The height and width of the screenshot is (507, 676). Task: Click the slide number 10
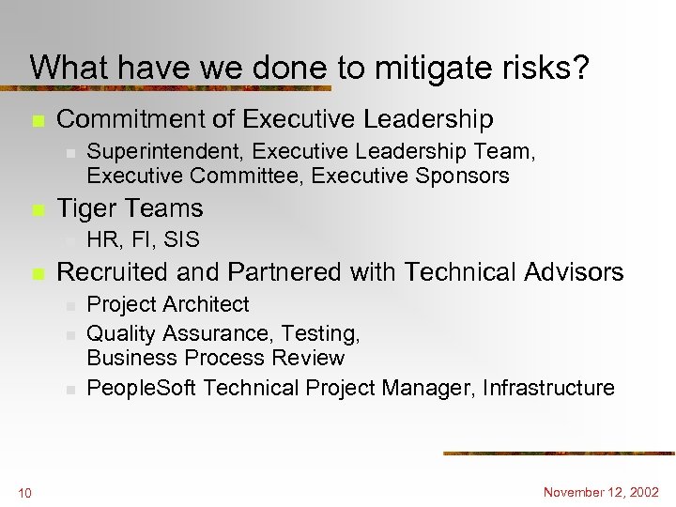coord(24,493)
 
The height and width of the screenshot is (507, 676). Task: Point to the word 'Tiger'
coord(89,208)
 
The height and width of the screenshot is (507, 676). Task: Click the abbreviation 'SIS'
coord(181,240)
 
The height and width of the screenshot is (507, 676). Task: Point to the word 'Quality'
coord(122,333)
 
